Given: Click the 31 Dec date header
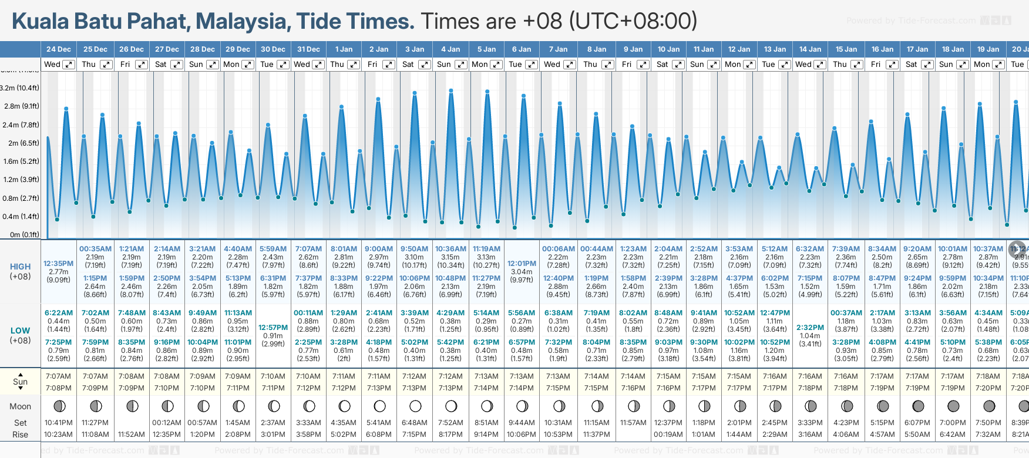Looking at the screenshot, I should (x=308, y=49).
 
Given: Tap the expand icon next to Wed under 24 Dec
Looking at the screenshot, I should (x=69, y=65).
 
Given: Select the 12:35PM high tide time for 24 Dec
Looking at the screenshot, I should (x=59, y=264).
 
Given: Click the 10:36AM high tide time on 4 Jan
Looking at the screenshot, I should (x=450, y=249).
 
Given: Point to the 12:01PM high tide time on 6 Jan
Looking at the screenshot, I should (x=522, y=264).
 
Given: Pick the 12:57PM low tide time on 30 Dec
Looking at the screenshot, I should (x=273, y=328).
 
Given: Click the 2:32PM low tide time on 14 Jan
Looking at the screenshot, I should (x=810, y=328).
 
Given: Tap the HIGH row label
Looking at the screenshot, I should (x=20, y=267).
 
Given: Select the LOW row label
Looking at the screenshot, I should (x=20, y=331).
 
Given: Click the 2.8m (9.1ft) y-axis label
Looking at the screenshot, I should (x=21, y=106).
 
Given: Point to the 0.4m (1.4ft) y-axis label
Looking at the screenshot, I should (x=21, y=217).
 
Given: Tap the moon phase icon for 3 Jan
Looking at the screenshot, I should (x=415, y=406).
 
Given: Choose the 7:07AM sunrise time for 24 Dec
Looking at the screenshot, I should (x=58, y=376).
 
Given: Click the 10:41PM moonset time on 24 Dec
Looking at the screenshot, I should (x=59, y=423).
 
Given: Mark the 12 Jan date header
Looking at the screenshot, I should (x=739, y=49).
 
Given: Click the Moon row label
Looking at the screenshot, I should (x=20, y=406).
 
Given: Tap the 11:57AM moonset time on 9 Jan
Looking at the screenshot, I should (x=633, y=423).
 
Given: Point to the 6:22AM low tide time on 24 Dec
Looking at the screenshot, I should (x=59, y=313).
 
